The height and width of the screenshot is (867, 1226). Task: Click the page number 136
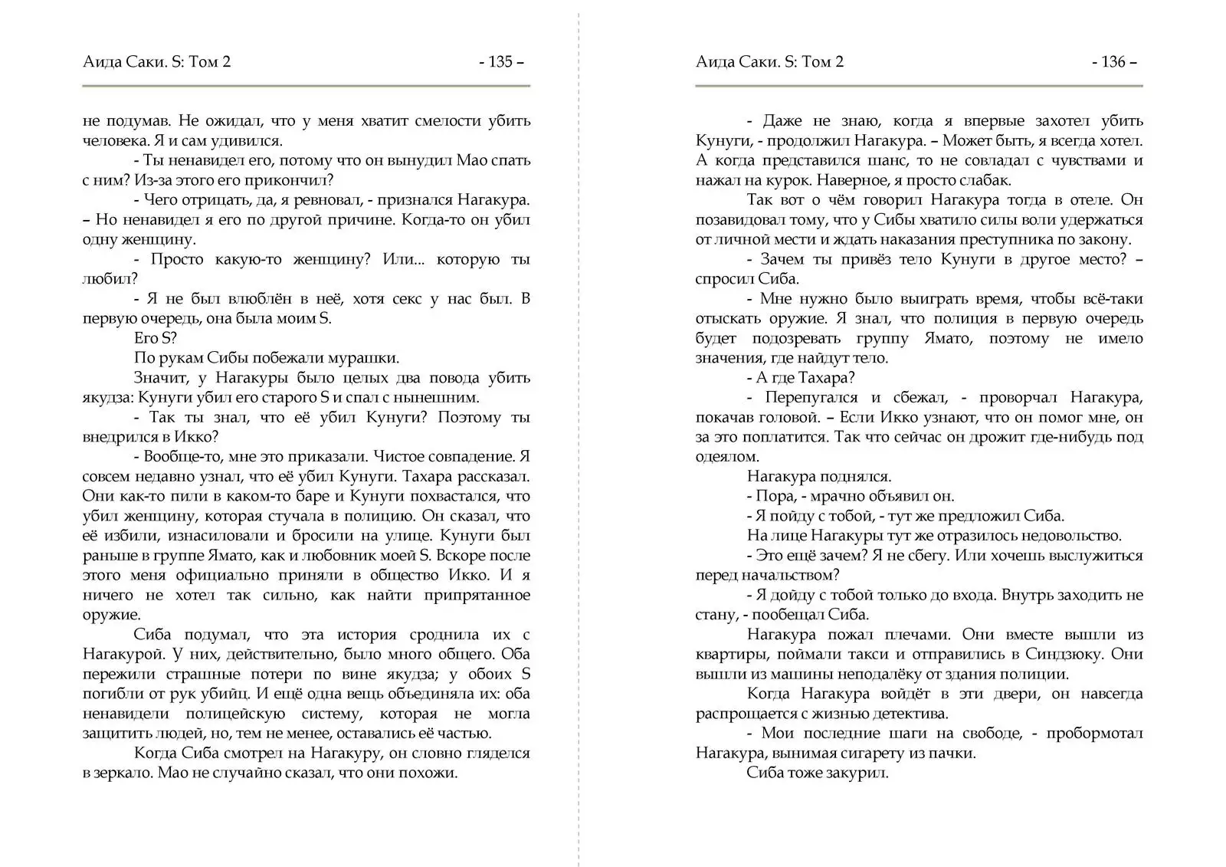[x=1113, y=62]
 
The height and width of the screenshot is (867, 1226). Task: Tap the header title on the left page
[x=156, y=62]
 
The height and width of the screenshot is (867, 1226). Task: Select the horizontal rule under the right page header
[x=919, y=86]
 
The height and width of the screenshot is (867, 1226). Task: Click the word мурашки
[x=366, y=358]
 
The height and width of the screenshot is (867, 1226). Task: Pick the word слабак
[x=985, y=180]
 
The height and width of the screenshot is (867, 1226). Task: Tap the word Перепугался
[x=811, y=397]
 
